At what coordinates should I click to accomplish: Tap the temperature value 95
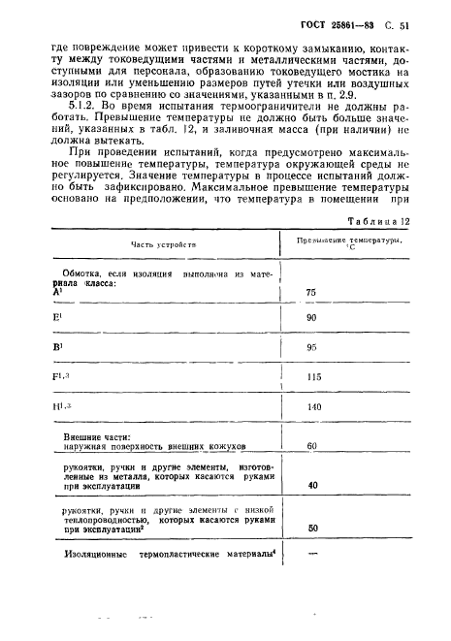pos(311,373)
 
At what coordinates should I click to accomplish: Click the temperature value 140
pos(312,435)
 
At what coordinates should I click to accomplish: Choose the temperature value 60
pos(312,473)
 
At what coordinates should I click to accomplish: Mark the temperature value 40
pos(312,512)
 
